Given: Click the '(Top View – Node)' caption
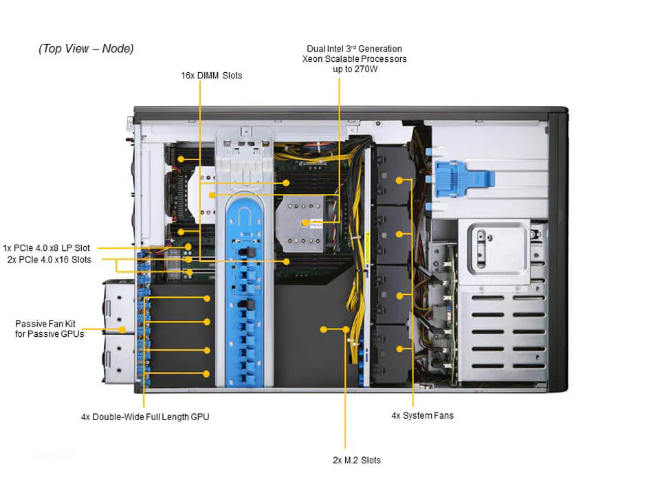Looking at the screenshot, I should coord(86,49).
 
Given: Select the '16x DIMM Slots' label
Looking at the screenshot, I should coord(211,75).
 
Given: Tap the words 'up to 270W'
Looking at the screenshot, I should coord(354,69).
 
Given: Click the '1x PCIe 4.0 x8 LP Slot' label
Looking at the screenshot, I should coord(46,247).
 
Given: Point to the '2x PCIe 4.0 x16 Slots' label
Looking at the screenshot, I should coord(49,259).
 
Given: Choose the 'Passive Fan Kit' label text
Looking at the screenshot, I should coord(47,322).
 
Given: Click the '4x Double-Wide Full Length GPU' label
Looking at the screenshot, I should coord(145,417).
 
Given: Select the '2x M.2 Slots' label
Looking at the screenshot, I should coord(356,460).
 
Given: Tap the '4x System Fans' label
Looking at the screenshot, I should coord(422,415).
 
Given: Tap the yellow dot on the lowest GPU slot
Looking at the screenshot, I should coord(206,374).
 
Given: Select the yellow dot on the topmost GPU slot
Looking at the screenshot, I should coord(206,298).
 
